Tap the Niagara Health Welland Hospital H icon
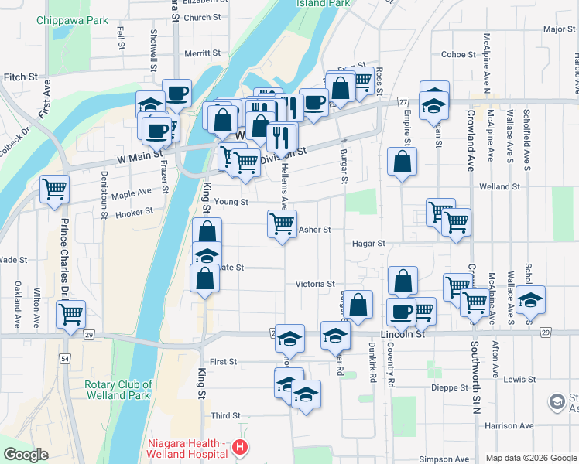[x=241, y=447]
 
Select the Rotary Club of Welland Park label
[x=116, y=390]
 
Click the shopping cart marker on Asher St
[x=282, y=223]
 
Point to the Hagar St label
[x=368, y=243]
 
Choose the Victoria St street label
[x=314, y=285]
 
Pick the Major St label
[x=559, y=29]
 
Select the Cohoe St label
[x=458, y=55]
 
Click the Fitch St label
[x=21, y=77]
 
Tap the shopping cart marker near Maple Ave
[x=54, y=189]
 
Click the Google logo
[x=26, y=455]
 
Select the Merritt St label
[x=203, y=53]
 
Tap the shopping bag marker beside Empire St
[x=402, y=162]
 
